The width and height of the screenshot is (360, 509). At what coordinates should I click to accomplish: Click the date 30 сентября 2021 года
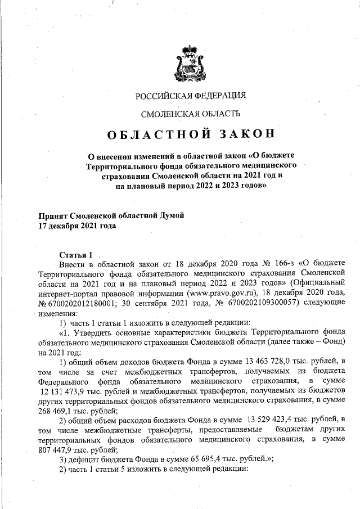click(x=166, y=304)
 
